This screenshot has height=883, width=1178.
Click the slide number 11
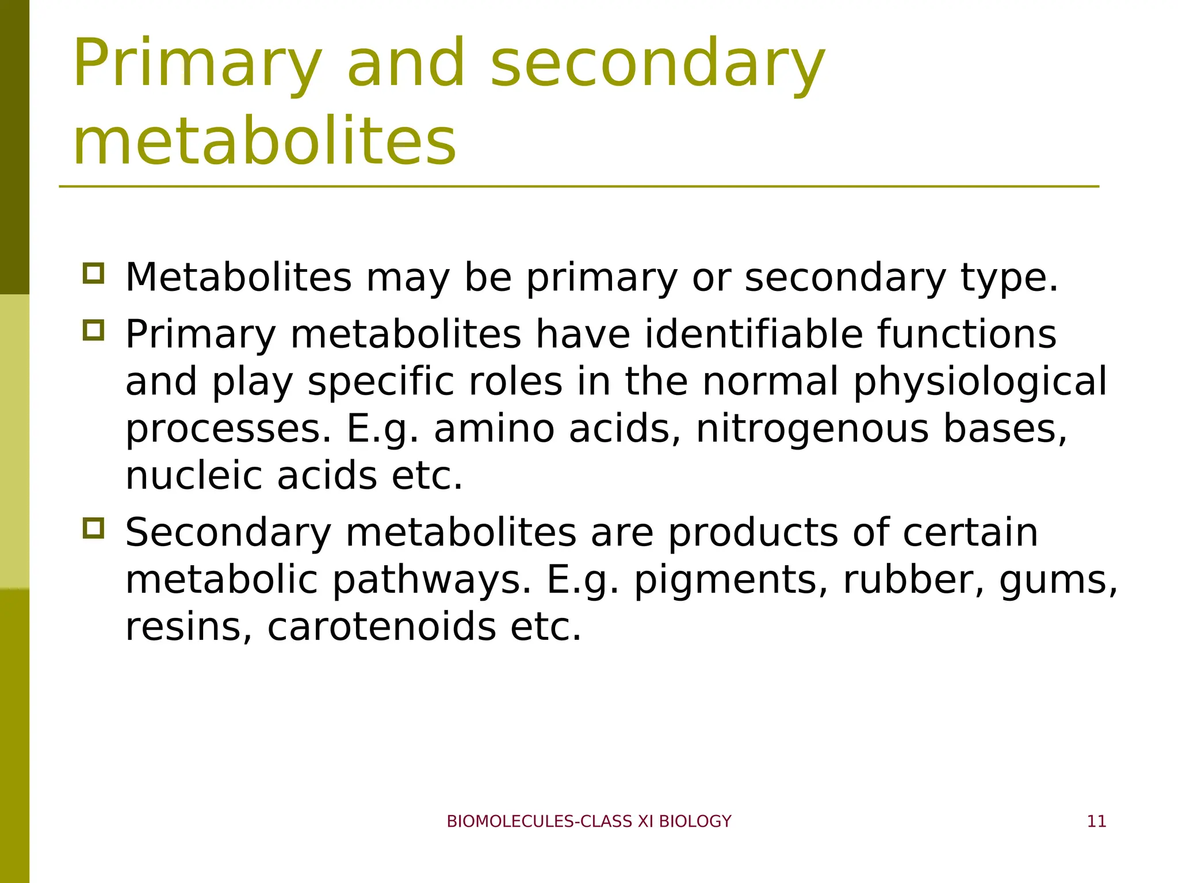tap(1096, 821)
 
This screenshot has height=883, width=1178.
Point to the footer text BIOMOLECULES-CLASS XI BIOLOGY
tap(589, 821)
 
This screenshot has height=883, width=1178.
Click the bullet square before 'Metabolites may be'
tap(94, 273)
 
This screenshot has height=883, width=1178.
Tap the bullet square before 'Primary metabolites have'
tap(94, 330)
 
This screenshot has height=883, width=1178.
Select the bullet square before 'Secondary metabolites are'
tap(94, 528)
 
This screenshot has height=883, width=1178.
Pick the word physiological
tap(980, 382)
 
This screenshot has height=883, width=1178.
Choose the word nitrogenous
tap(812, 429)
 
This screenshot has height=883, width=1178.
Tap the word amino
tap(494, 429)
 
